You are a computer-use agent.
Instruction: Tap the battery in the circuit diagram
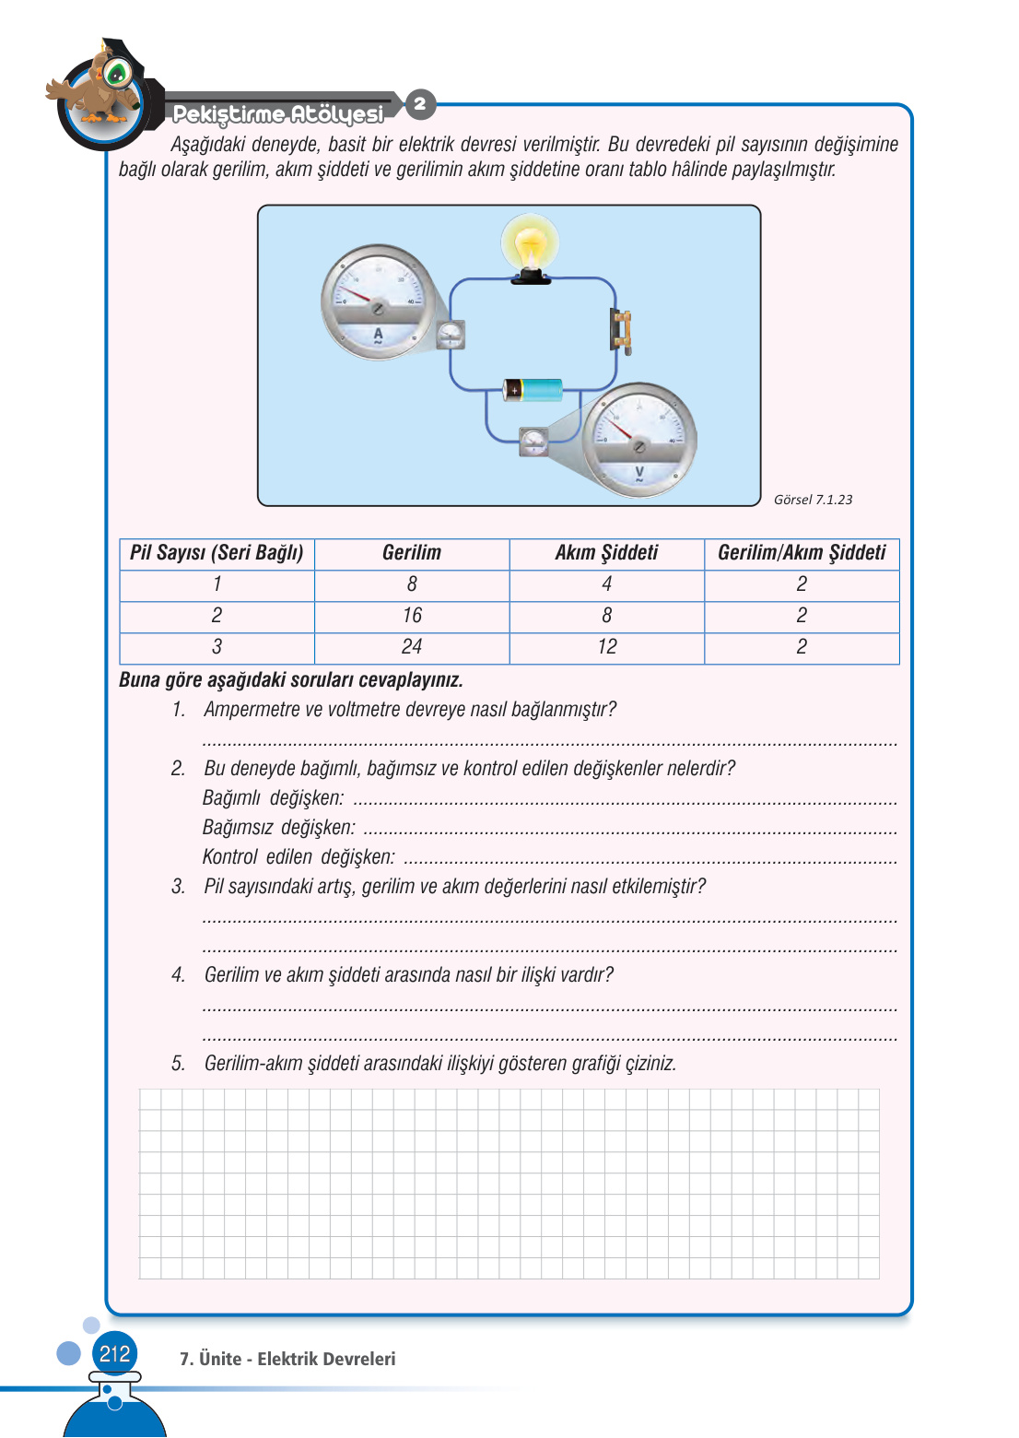point(533,390)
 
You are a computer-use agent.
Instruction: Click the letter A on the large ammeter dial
point(378,334)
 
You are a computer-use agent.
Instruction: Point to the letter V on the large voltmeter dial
point(639,472)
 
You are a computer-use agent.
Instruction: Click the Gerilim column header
point(412,553)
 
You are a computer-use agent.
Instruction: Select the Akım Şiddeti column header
point(606,553)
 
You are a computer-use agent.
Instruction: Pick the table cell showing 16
point(412,616)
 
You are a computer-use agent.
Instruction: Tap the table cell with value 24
point(412,647)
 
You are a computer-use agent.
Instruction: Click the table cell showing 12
point(607,647)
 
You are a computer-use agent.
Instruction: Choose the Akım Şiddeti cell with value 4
point(607,584)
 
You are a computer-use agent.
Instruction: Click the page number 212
point(114,1354)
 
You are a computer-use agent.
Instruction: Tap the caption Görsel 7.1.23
point(813,500)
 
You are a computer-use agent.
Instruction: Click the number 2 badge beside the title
point(420,103)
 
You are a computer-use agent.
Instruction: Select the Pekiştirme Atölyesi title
point(278,114)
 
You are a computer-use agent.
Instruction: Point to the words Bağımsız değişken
point(278,828)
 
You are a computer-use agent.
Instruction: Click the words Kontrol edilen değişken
point(299,857)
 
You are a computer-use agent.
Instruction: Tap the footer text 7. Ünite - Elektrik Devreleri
point(287,1359)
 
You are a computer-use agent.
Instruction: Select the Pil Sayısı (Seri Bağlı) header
point(217,553)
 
